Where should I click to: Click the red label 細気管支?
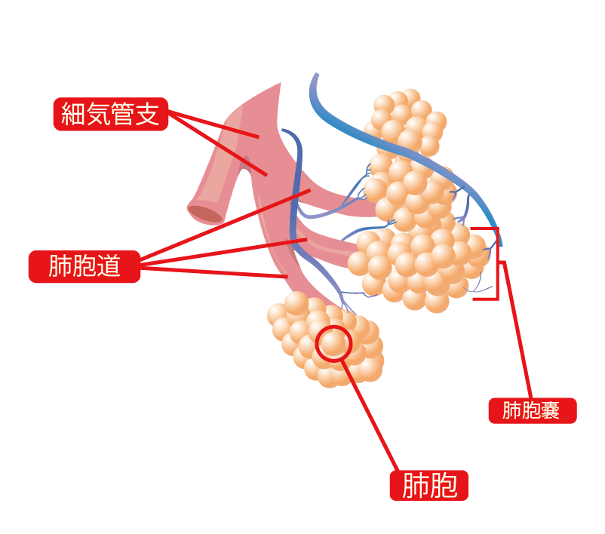(x=111, y=114)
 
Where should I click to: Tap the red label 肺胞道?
(x=84, y=266)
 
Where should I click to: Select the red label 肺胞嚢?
(x=533, y=410)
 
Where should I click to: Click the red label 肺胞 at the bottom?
(x=429, y=486)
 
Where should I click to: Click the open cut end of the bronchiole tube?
(x=205, y=213)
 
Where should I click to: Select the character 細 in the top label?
(x=73, y=114)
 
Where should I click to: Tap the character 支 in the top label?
(x=147, y=114)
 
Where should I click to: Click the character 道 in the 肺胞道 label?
(x=108, y=266)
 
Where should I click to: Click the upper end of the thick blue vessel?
(x=316, y=74)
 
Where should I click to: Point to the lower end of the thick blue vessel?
(x=500, y=244)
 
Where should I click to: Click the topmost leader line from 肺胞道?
(x=226, y=224)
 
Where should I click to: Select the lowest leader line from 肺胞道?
(x=214, y=272)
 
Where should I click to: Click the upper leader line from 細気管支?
(x=213, y=124)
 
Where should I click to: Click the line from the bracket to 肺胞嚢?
(x=517, y=330)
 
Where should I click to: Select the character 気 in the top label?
(x=97, y=114)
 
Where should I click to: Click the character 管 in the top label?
(x=122, y=114)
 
